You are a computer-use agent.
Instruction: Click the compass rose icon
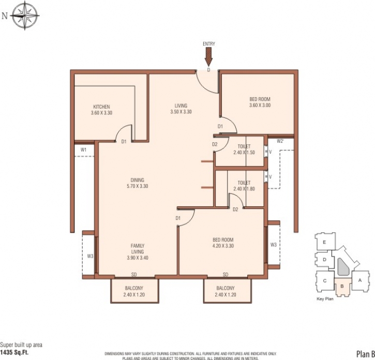click(x=25, y=16)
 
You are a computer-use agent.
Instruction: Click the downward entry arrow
click(x=209, y=57)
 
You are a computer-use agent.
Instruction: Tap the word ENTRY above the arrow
click(x=209, y=44)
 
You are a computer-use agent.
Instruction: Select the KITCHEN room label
click(x=101, y=107)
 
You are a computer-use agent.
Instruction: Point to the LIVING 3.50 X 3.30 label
click(x=181, y=109)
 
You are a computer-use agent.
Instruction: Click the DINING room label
click(x=137, y=180)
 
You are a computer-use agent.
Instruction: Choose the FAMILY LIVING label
click(x=138, y=248)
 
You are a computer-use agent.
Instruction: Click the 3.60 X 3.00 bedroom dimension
click(x=260, y=105)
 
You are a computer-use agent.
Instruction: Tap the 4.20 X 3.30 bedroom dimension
click(x=223, y=246)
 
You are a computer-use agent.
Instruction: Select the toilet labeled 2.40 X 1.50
click(x=244, y=149)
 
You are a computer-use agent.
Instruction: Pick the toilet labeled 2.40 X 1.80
click(x=244, y=186)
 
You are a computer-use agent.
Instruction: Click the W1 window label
click(x=83, y=150)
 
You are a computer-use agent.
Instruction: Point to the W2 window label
click(x=280, y=141)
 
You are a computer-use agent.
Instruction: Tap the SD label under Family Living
click(x=134, y=275)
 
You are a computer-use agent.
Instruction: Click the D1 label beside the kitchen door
click(x=124, y=142)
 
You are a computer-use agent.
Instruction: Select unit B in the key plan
click(x=342, y=287)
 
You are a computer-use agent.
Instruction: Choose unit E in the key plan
click(x=324, y=242)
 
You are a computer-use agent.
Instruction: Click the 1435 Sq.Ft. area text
click(x=14, y=352)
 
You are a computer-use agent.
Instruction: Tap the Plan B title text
click(x=366, y=354)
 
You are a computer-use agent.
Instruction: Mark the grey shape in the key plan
click(x=343, y=266)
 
